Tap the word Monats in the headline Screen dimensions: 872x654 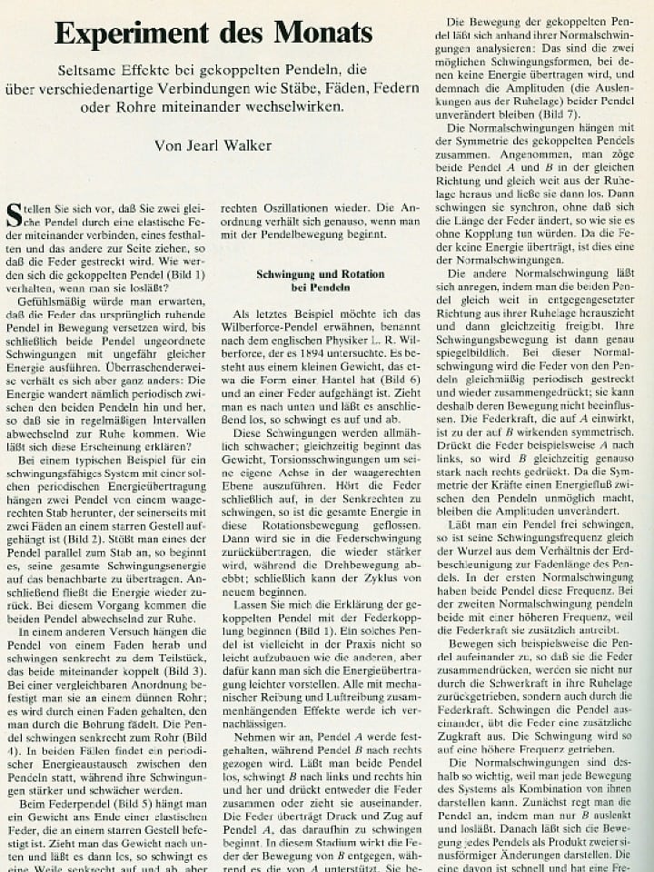pos(316,34)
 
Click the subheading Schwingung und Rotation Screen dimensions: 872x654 pos(307,273)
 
